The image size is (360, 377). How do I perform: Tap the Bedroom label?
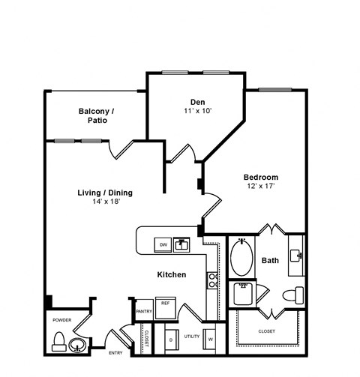tap(262, 178)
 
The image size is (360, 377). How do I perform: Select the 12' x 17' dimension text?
tap(262, 187)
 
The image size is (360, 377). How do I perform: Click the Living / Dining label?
tap(104, 193)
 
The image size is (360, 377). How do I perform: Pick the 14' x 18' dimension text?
tap(104, 202)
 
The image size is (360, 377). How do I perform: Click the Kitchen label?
tap(171, 275)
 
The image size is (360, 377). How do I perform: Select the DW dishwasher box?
tap(162, 244)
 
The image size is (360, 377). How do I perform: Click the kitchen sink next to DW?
tap(181, 244)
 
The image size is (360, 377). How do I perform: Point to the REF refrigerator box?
tap(166, 304)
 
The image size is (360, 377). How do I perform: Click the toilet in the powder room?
tap(59, 341)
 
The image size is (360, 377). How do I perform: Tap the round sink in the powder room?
tap(76, 346)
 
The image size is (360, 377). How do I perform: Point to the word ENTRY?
tap(115, 353)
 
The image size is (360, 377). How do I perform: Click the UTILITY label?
tap(192, 337)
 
